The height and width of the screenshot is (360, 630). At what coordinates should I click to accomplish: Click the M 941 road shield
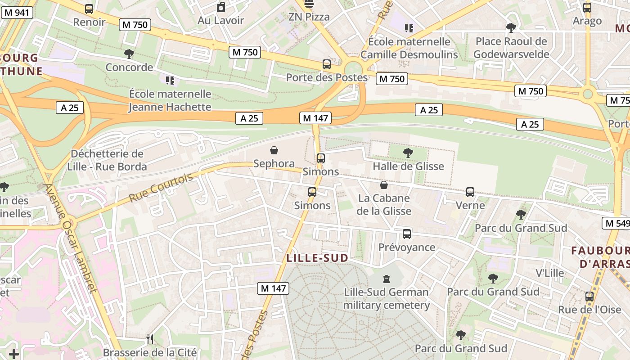click(x=17, y=12)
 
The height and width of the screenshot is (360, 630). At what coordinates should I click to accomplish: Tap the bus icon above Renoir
click(x=89, y=9)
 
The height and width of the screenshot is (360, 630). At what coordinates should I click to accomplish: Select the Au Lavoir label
click(x=220, y=20)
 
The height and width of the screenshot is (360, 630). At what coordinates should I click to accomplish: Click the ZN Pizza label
click(x=309, y=17)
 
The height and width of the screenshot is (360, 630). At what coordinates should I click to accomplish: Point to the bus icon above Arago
click(x=587, y=8)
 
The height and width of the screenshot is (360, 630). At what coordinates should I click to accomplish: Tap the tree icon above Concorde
click(x=129, y=54)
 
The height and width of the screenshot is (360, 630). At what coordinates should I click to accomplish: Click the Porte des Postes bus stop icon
click(x=327, y=64)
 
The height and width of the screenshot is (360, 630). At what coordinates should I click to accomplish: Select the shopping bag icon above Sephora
click(x=274, y=150)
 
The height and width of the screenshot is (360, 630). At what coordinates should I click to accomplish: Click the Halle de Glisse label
click(x=408, y=166)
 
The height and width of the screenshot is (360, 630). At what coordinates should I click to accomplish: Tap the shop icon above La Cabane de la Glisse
click(x=384, y=185)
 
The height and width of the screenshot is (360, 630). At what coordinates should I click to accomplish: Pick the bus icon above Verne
click(x=470, y=192)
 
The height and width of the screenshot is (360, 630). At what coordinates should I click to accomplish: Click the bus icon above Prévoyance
click(x=407, y=234)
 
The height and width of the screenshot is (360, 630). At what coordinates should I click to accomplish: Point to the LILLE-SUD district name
click(x=317, y=258)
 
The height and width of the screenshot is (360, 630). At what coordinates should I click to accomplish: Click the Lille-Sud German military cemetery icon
click(x=386, y=279)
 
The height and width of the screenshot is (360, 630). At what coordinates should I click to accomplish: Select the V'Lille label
click(x=549, y=273)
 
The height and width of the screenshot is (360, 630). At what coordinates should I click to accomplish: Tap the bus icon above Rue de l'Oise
click(x=589, y=297)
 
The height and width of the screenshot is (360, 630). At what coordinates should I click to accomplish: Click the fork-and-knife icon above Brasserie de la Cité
click(x=150, y=339)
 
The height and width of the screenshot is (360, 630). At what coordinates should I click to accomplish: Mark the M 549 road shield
click(x=616, y=223)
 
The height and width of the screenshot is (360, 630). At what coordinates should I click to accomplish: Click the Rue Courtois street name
click(x=161, y=187)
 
